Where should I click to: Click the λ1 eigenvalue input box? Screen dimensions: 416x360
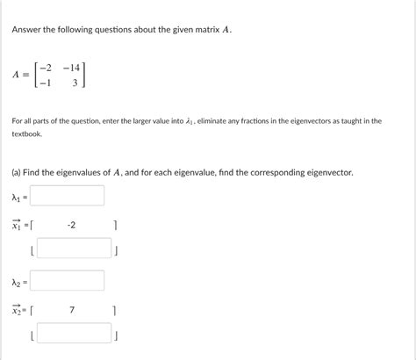[x=67, y=196]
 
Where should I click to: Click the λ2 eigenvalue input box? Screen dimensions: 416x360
[x=67, y=281]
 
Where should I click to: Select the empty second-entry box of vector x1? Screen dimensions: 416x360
[x=75, y=248]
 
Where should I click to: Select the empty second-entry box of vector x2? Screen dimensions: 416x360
[x=75, y=334]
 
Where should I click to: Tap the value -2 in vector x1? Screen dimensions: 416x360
[x=71, y=226]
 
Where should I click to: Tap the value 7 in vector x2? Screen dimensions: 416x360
[x=71, y=310]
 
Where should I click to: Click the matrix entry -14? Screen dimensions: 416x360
[x=75, y=65]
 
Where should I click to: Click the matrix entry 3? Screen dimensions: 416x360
[x=76, y=83]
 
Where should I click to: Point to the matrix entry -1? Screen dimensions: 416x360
[x=47, y=83]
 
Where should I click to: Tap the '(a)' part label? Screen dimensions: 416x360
[x=18, y=173]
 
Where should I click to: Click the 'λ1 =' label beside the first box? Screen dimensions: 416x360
[x=18, y=197]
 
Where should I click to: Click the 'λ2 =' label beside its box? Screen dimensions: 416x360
[x=18, y=282]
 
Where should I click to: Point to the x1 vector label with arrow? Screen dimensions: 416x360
[x=17, y=226]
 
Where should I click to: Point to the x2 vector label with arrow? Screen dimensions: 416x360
[x=17, y=310]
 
